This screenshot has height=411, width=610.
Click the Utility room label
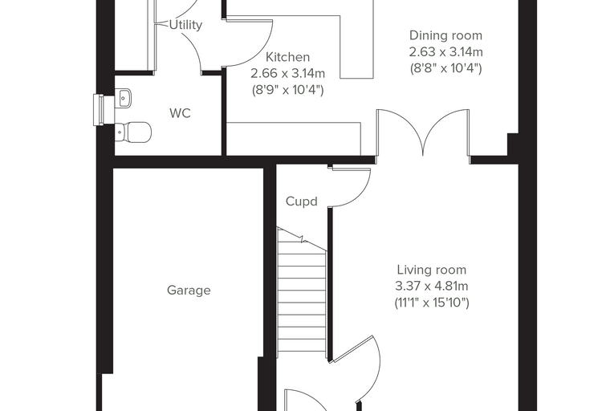point(185,25)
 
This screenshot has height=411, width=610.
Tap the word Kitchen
point(287,57)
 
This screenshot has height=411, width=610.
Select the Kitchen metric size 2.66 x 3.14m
point(287,73)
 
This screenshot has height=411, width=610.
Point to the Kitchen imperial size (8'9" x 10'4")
point(287,90)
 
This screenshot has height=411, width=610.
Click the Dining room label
point(445,35)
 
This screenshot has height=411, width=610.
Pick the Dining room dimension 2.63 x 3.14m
point(445,51)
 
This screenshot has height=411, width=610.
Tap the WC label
point(180,113)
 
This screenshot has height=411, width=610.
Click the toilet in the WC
point(133,132)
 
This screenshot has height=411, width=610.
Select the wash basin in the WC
point(124,98)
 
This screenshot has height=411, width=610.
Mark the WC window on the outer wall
point(99,110)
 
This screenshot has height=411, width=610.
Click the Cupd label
point(302,201)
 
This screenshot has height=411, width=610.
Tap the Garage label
point(189,291)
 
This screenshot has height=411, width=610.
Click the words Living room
point(432,270)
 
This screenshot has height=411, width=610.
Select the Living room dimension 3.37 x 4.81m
point(432,286)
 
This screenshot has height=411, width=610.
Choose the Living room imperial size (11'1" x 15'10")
point(432,303)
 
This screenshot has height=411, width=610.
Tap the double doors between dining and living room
point(423,133)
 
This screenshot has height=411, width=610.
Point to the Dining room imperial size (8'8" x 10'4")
point(445,68)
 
